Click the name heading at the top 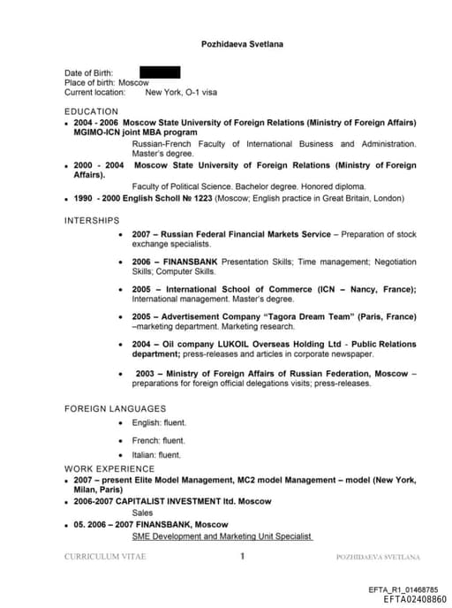click(241, 43)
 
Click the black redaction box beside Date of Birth click(160, 72)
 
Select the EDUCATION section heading click(91, 111)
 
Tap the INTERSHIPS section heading click(92, 220)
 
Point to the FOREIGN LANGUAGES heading click(115, 408)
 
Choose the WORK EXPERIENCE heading click(109, 468)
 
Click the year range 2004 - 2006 click(95, 122)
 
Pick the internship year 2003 click(146, 373)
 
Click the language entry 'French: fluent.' click(158, 440)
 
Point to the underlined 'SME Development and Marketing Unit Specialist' click(222, 536)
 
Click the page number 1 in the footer click(242, 557)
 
